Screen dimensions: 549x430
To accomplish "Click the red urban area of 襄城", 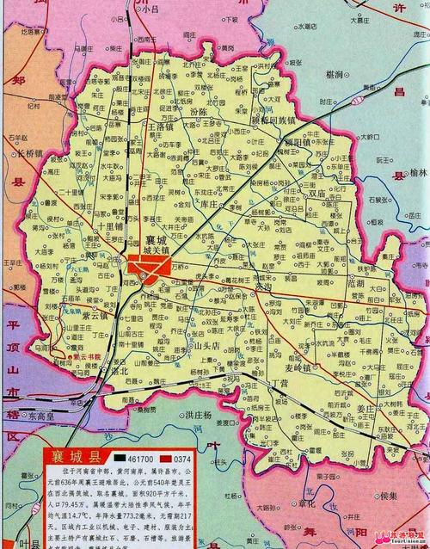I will click(x=144, y=265).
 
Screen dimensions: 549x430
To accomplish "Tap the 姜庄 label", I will click(x=365, y=385).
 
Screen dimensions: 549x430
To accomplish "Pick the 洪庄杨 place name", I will click(x=200, y=415).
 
